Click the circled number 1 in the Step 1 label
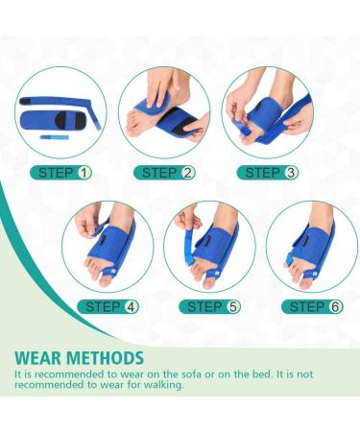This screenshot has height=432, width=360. pyautogui.click(x=84, y=173)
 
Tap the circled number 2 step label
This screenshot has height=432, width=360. pyautogui.click(x=188, y=173)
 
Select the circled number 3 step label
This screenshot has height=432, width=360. pyautogui.click(x=291, y=173)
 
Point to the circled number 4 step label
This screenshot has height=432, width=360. pyautogui.click(x=132, y=307)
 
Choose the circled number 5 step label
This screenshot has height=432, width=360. pyautogui.click(x=233, y=307)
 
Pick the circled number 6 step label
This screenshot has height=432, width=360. pyautogui.click(x=335, y=307)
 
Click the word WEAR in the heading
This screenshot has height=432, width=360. pyautogui.click(x=37, y=358)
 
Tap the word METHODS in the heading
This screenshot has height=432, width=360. pyautogui.click(x=104, y=358)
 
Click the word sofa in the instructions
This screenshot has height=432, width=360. pyautogui.click(x=192, y=374)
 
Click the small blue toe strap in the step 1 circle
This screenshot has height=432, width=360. pyautogui.click(x=55, y=137)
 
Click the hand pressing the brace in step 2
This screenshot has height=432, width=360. pyautogui.click(x=163, y=88)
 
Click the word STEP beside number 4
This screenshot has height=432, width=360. pyautogui.click(x=103, y=307)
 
